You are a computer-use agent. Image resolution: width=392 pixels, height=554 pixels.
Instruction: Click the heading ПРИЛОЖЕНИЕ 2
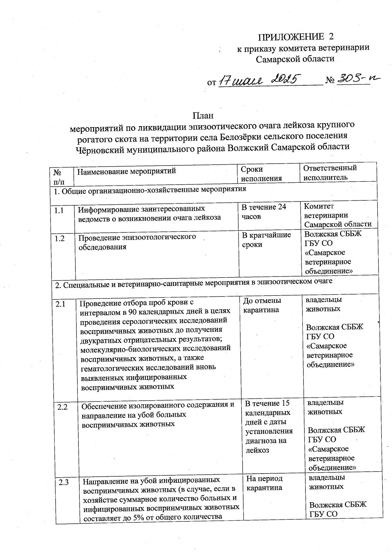click(x=296, y=37)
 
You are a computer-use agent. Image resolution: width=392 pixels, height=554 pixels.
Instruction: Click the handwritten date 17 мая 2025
click(x=259, y=80)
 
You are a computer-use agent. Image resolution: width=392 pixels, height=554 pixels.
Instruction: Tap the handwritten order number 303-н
click(x=356, y=79)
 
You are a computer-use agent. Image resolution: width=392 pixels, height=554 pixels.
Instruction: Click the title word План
click(x=203, y=116)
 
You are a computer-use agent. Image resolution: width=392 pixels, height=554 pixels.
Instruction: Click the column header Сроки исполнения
click(x=261, y=174)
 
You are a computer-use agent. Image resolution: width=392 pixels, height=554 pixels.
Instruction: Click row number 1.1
click(x=59, y=211)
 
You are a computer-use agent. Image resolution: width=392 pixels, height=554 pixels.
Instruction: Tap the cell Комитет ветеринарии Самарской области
click(x=337, y=215)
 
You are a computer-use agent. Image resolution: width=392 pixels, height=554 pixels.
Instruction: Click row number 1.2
click(x=60, y=239)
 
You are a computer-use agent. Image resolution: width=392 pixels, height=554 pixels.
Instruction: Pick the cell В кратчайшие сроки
click(x=266, y=240)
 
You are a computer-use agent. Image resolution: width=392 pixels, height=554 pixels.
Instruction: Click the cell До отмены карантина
click(x=262, y=305)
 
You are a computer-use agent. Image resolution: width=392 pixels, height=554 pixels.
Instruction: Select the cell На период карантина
click(x=264, y=483)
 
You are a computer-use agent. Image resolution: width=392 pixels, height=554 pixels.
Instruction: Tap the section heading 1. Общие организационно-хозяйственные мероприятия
click(x=150, y=190)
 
